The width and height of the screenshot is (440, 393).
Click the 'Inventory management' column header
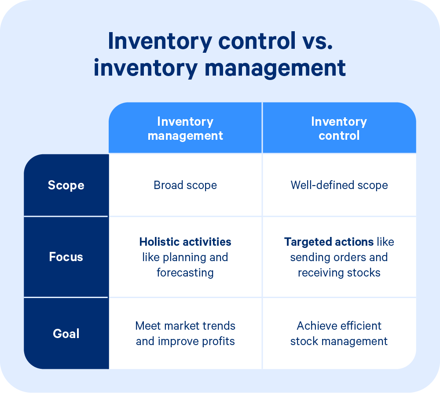coord(185,128)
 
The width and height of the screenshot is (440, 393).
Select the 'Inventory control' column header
coord(339,128)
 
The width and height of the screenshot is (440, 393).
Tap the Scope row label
coord(66,185)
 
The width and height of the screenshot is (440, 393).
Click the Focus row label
coord(66,257)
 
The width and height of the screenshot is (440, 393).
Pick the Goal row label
coord(66,333)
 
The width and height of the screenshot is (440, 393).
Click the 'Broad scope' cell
coord(185,185)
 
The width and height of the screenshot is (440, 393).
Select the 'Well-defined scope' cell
coord(339,185)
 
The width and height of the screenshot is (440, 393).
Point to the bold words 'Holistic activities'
coord(185,242)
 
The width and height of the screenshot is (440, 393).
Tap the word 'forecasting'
coord(185,273)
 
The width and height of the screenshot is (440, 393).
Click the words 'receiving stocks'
coord(339,273)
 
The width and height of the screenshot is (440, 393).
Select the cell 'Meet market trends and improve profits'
coord(185,333)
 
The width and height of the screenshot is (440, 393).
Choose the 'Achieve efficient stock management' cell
coord(339,333)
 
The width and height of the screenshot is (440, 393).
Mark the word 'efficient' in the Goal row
coord(357,326)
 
